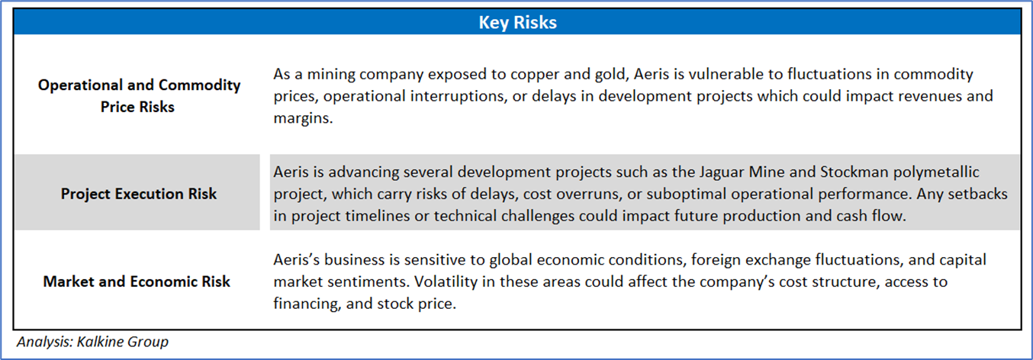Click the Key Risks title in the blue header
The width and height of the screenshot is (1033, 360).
(517, 22)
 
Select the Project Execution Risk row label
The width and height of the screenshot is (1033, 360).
(138, 194)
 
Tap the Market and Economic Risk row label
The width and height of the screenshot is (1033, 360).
(137, 281)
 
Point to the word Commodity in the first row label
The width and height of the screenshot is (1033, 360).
(200, 85)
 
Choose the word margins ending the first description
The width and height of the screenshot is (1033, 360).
(303, 118)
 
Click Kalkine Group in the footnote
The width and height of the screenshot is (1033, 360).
(123, 342)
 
